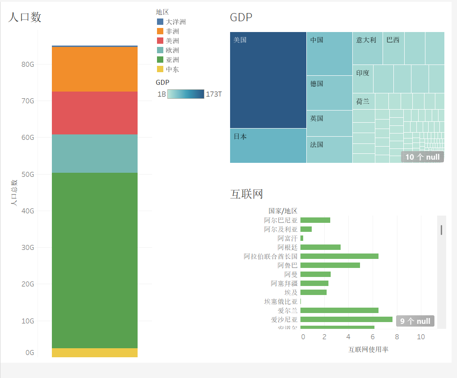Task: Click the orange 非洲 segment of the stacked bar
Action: click(95, 69)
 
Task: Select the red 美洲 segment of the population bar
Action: click(95, 113)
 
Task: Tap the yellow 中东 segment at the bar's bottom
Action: click(95, 352)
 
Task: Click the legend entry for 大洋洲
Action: click(175, 22)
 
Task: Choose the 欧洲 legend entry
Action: click(172, 50)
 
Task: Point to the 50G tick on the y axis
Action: click(28, 174)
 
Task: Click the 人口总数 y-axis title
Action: click(14, 193)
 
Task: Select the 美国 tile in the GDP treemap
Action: click(268, 80)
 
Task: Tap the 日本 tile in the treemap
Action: click(268, 145)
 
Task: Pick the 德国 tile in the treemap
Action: click(329, 92)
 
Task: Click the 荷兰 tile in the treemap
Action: click(364, 101)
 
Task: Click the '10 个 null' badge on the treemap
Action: click(422, 157)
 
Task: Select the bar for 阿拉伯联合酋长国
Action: click(339, 256)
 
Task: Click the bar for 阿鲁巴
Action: click(330, 265)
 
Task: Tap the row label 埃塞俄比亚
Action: click(281, 301)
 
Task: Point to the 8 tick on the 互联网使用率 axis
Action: click(397, 337)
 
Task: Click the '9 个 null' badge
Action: click(415, 321)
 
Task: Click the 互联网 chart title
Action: click(246, 194)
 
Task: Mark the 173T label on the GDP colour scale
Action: click(213, 94)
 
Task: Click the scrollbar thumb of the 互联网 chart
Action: click(441, 230)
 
